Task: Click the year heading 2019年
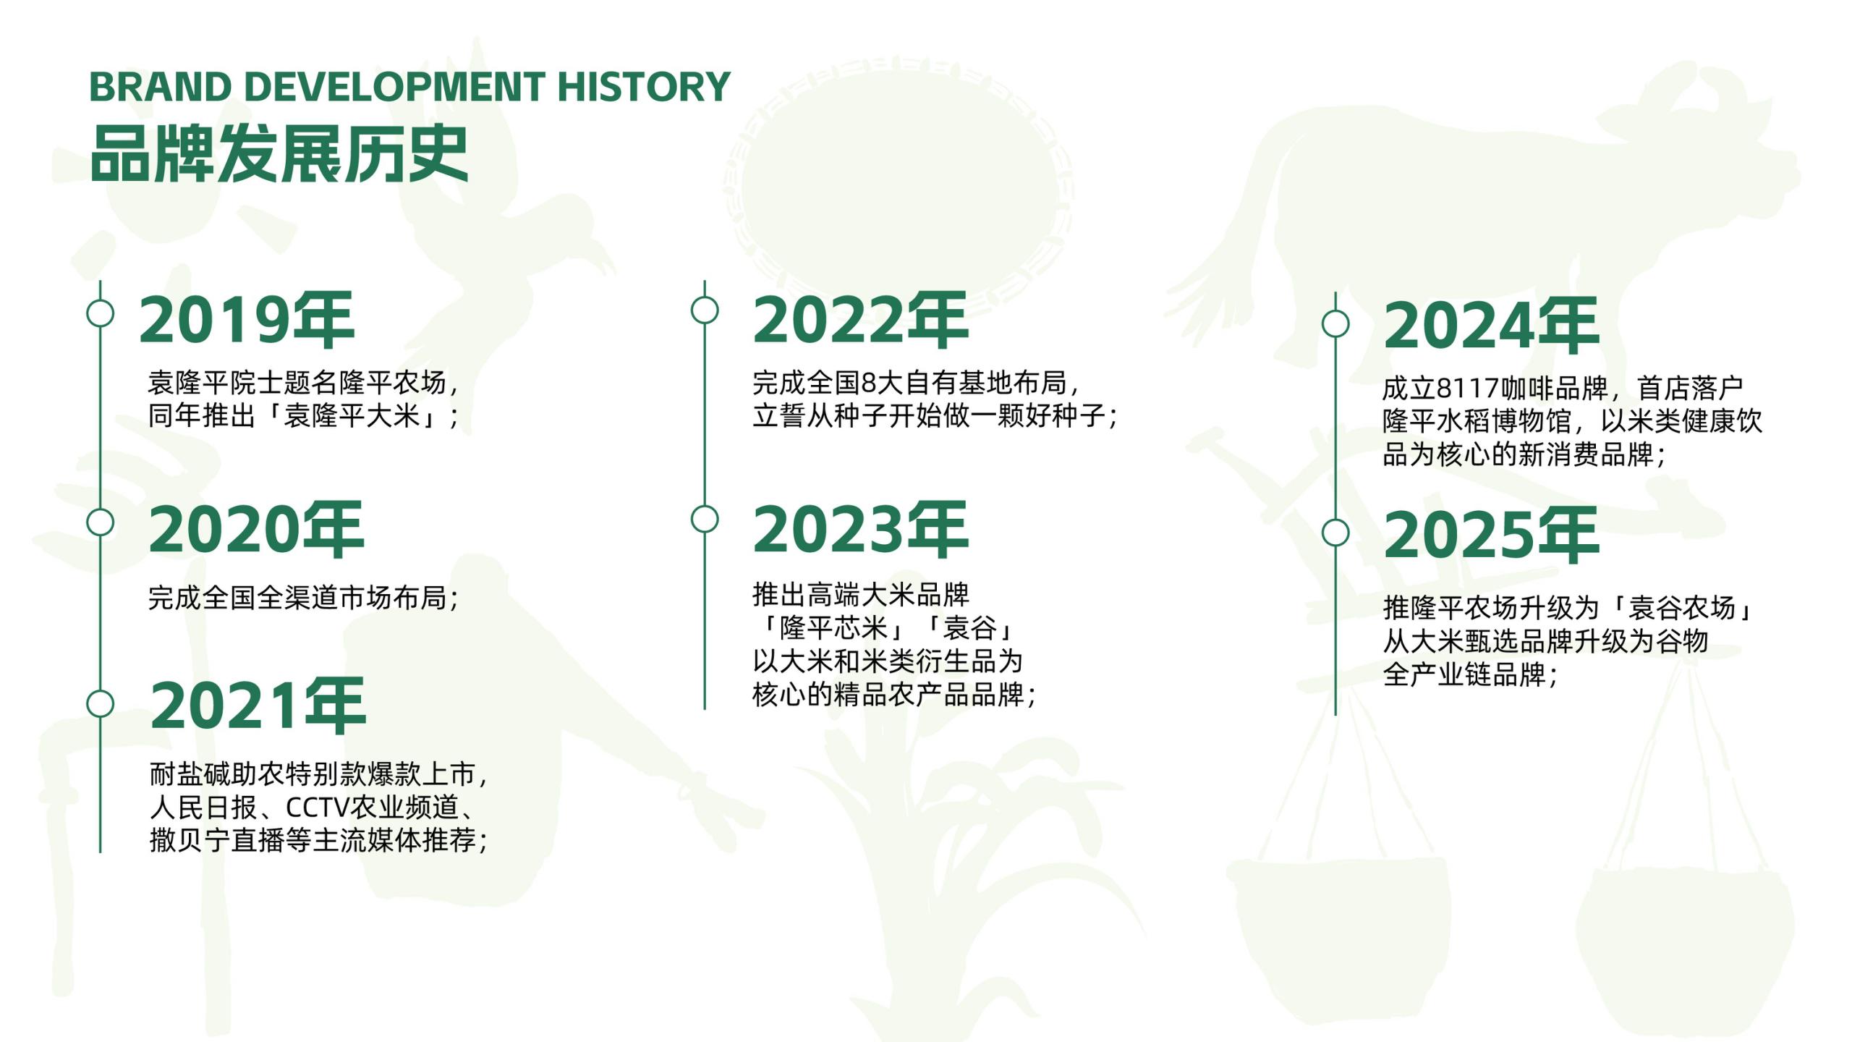247,320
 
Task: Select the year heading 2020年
256,529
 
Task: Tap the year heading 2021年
258,706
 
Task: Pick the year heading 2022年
860,320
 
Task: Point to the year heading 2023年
860,529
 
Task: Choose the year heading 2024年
1491,325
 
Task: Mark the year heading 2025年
1491,535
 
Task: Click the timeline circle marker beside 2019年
100,313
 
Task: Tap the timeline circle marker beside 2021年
100,703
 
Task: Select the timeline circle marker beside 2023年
705,519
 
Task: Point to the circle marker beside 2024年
1335,323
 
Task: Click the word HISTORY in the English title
643,87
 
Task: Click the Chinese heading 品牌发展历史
279,153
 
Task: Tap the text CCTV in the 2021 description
318,807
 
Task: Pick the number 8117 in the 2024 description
1467,389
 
